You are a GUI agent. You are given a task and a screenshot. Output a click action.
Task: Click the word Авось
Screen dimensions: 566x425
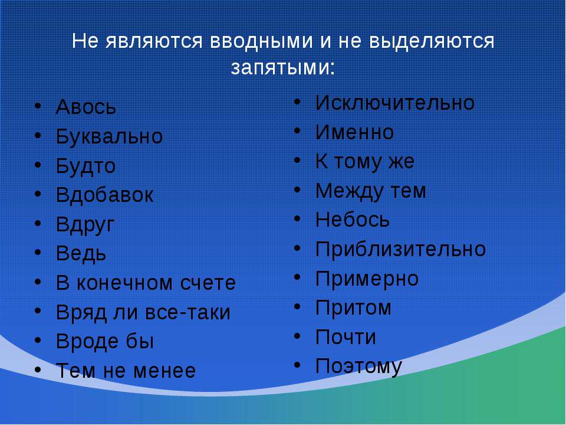pyautogui.click(x=86, y=107)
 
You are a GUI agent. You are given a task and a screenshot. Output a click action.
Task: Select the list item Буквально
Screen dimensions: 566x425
pyautogui.click(x=110, y=137)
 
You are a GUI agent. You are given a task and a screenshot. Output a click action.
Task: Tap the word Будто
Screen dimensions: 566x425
pyautogui.click(x=86, y=166)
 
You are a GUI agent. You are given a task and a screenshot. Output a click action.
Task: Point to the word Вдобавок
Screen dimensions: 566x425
pyautogui.click(x=105, y=195)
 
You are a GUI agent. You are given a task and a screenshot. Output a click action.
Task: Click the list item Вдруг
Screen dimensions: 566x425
pyautogui.click(x=85, y=225)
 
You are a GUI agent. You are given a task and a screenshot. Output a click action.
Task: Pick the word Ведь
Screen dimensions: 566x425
pyautogui.click(x=81, y=254)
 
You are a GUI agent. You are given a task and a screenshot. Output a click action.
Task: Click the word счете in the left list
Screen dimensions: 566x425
pyautogui.click(x=208, y=283)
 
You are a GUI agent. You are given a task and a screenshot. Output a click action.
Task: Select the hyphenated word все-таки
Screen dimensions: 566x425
pyautogui.click(x=187, y=312)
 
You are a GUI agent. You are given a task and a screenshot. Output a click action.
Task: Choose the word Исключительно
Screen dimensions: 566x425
pyautogui.click(x=395, y=103)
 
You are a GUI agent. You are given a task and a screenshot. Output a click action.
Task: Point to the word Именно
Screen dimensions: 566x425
pyautogui.click(x=354, y=132)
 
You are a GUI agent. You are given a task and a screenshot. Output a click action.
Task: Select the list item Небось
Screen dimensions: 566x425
pyautogui.click(x=353, y=220)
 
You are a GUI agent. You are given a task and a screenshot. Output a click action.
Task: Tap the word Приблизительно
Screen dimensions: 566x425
pyautogui.click(x=401, y=249)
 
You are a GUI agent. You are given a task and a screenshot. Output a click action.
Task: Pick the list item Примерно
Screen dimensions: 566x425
pyautogui.click(x=367, y=279)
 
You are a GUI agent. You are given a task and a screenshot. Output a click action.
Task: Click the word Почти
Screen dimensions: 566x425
pyautogui.click(x=346, y=337)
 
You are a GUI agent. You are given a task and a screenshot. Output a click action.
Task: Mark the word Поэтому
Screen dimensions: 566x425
pyautogui.click(x=359, y=367)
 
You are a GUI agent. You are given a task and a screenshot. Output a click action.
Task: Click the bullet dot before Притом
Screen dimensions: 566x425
pyautogui.click(x=297, y=307)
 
